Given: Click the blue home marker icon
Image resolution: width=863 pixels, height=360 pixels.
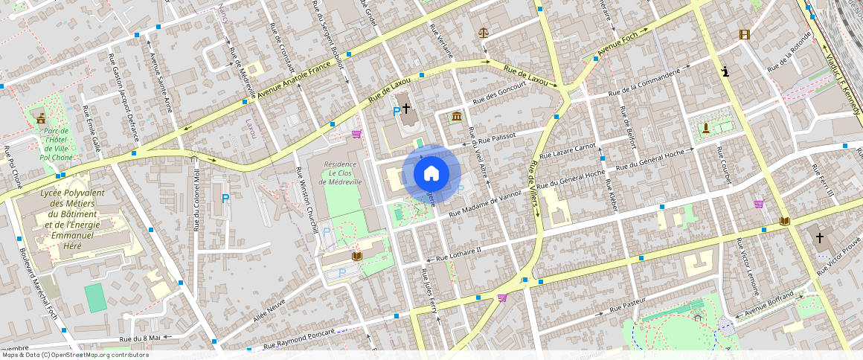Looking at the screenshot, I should (x=431, y=173).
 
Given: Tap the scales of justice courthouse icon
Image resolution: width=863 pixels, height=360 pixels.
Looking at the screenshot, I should (x=484, y=33).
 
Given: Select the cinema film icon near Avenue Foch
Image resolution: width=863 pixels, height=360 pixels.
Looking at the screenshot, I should (x=744, y=34).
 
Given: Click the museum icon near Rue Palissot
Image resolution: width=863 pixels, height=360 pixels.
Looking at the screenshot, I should (x=455, y=117).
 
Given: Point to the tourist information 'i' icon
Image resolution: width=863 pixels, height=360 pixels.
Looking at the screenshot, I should (x=725, y=71).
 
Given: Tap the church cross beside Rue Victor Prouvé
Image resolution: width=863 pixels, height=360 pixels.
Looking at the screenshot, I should (x=820, y=238).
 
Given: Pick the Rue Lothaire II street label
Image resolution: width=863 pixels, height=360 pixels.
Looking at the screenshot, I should (x=453, y=254).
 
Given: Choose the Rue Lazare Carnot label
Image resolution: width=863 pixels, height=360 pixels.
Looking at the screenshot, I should (x=568, y=151).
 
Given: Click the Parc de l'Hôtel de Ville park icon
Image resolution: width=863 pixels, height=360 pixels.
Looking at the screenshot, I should (x=40, y=118).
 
